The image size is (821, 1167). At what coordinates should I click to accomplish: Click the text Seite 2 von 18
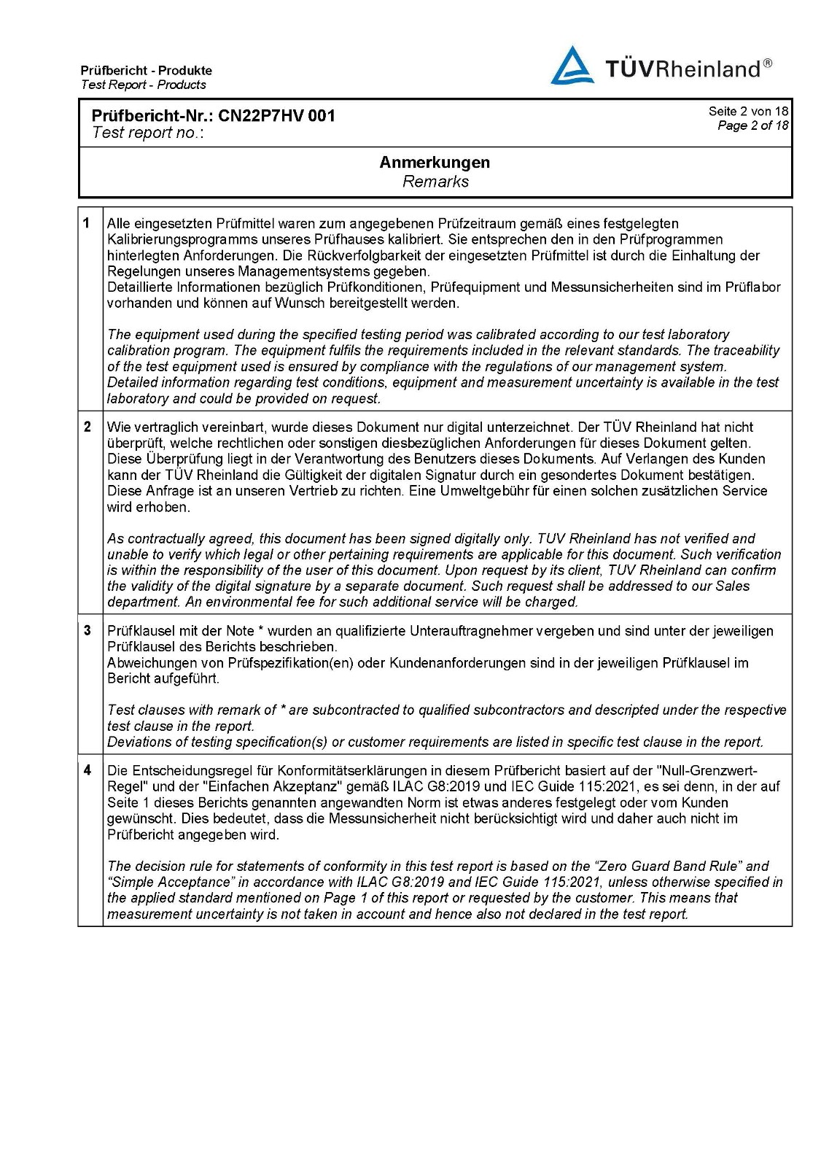coord(748,112)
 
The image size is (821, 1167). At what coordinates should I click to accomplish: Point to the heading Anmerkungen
coord(435,163)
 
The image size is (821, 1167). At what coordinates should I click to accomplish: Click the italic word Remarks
coord(435,182)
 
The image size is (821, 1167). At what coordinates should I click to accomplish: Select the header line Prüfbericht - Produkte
coord(147,71)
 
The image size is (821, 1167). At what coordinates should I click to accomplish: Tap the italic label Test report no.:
coord(148,133)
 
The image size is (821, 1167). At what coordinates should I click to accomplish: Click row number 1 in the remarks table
coord(87,223)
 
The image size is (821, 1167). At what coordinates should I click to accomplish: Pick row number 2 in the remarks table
coord(87,427)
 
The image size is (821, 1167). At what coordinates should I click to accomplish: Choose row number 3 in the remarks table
coord(87,630)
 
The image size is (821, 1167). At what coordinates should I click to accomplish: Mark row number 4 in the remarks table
coord(87,770)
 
